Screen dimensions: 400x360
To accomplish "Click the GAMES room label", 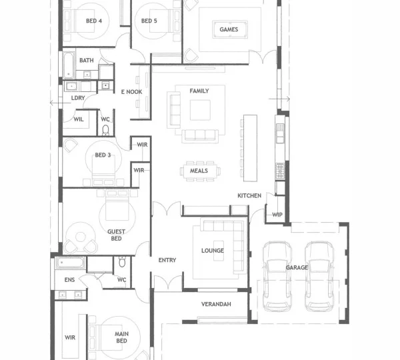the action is click(x=229, y=29).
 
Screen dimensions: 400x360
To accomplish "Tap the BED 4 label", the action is click(x=94, y=21).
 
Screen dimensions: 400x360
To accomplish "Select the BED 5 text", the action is click(x=149, y=21).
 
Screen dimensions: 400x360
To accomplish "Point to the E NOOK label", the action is click(x=131, y=92).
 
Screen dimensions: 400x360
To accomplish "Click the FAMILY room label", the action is click(x=199, y=91).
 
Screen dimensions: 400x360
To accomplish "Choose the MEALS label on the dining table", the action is click(x=199, y=171).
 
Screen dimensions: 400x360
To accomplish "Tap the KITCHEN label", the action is click(x=249, y=196).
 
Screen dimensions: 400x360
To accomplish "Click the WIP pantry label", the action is click(x=277, y=215).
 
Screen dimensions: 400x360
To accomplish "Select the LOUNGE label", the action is click(x=213, y=251).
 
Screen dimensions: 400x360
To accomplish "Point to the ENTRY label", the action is click(x=167, y=260).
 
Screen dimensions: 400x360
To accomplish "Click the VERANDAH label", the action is click(x=216, y=304).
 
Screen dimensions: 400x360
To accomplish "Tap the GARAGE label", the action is click(x=297, y=267).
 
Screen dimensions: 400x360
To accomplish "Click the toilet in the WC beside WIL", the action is click(x=105, y=130).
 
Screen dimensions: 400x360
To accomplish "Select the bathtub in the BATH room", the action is click(x=69, y=65).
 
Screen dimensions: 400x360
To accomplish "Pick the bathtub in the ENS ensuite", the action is click(x=70, y=263).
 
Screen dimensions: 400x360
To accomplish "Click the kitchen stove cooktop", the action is click(x=280, y=171).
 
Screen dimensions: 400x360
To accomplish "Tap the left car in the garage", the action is click(x=277, y=276).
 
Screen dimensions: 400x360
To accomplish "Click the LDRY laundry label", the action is click(x=78, y=98).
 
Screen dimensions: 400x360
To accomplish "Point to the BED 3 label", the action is click(x=103, y=155).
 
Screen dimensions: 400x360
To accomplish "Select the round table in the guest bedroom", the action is click(x=81, y=237).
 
